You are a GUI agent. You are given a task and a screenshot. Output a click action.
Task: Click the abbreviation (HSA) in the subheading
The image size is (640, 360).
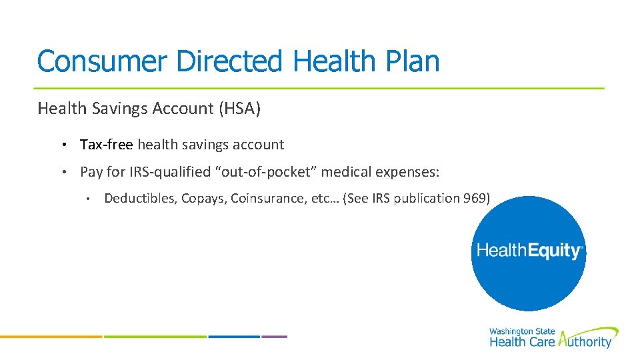tap(239, 109)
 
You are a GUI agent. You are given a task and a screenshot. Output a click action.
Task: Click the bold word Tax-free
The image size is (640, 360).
tap(107, 145)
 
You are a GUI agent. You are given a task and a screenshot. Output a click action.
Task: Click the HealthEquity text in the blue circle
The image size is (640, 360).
tap(529, 251)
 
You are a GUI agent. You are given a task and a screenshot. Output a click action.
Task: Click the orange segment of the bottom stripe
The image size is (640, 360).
tap(51, 337)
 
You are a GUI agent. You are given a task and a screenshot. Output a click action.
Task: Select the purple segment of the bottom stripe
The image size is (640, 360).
tap(274, 337)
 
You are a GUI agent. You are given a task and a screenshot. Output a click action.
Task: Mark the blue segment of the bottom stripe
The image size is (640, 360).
tap(233, 337)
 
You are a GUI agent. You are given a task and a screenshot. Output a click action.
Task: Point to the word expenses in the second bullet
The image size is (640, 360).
tap(407, 172)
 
